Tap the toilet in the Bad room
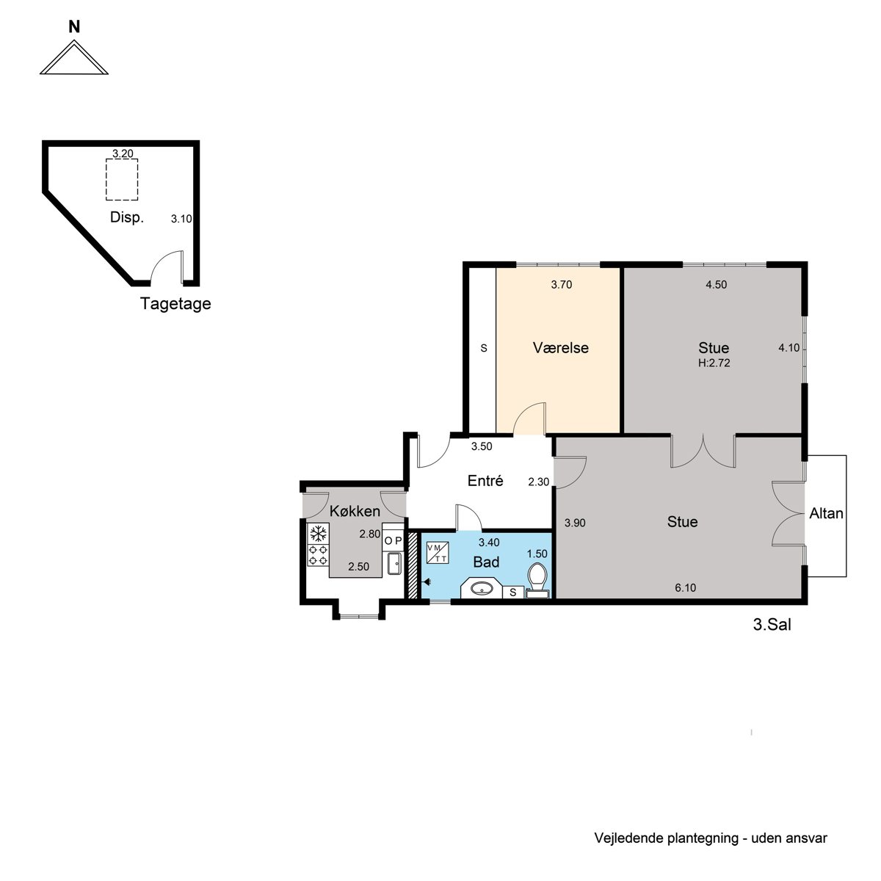pos(537,581)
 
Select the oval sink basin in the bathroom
pos(482,589)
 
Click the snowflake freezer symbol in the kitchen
pos(318,534)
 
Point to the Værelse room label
pos(560,348)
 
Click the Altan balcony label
pos(826,513)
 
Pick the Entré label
pos(485,480)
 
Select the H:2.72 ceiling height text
pos(714,363)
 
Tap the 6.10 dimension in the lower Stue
pos(685,588)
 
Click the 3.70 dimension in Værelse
pos(562,285)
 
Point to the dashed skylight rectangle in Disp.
pos(122,179)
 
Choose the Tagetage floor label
pos(175,303)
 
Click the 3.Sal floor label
pos(772,625)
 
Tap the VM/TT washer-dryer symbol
pos(438,552)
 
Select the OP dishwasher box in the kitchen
pos(393,541)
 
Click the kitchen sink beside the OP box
pos(394,563)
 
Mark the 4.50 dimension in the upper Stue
pos(716,285)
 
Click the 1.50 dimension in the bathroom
pos(537,554)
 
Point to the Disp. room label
pos(126,217)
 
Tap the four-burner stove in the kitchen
pos(318,554)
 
